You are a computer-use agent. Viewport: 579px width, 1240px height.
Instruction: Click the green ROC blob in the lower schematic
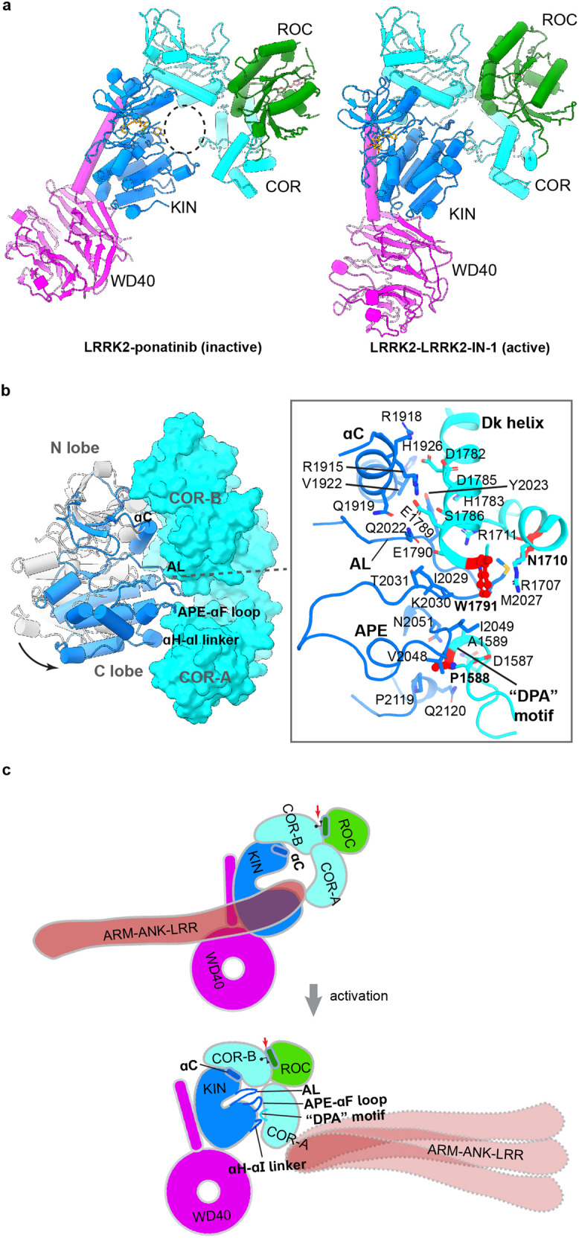(x=295, y=1068)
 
